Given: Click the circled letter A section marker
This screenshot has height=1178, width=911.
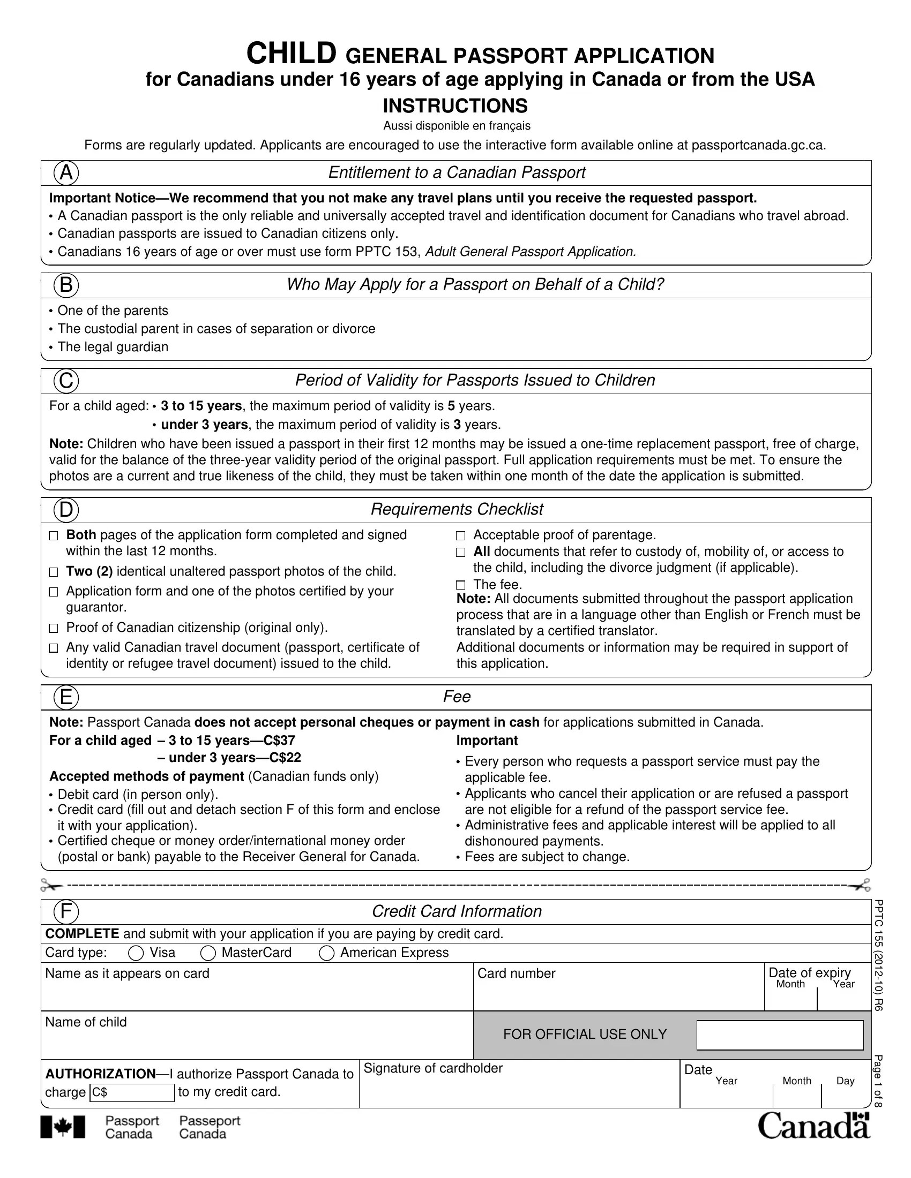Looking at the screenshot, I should click(66, 173).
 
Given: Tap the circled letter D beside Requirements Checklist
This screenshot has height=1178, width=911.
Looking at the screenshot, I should click(66, 510).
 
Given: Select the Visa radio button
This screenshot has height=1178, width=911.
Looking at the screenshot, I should click(136, 954).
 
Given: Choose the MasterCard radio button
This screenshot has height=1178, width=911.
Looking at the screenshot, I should click(208, 954).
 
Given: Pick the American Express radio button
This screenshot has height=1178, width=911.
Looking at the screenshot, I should click(326, 954).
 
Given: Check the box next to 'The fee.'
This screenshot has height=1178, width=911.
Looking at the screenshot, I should click(460, 585).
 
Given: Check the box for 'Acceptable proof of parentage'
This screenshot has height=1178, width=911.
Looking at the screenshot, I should click(460, 535).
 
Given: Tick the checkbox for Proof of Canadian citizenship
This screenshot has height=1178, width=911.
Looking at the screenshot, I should click(53, 629).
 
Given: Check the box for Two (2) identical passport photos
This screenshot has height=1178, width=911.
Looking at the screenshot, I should click(53, 572).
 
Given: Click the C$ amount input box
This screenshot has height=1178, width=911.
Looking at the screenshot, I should click(132, 1093).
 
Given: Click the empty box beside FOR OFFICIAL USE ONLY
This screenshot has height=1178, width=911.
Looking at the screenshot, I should click(780, 1035).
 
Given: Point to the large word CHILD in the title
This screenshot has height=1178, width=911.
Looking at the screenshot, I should click(292, 54).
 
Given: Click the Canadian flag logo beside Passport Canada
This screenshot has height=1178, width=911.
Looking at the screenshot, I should click(63, 1127).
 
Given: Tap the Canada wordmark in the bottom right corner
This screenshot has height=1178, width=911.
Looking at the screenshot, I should click(814, 1126).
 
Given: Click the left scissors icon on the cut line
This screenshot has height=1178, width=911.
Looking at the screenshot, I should click(51, 885).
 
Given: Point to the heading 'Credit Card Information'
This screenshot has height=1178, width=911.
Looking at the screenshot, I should click(457, 911).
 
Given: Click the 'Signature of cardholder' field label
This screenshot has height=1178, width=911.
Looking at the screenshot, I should click(433, 1069).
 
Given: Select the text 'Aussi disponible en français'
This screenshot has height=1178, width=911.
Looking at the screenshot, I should click(457, 126).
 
